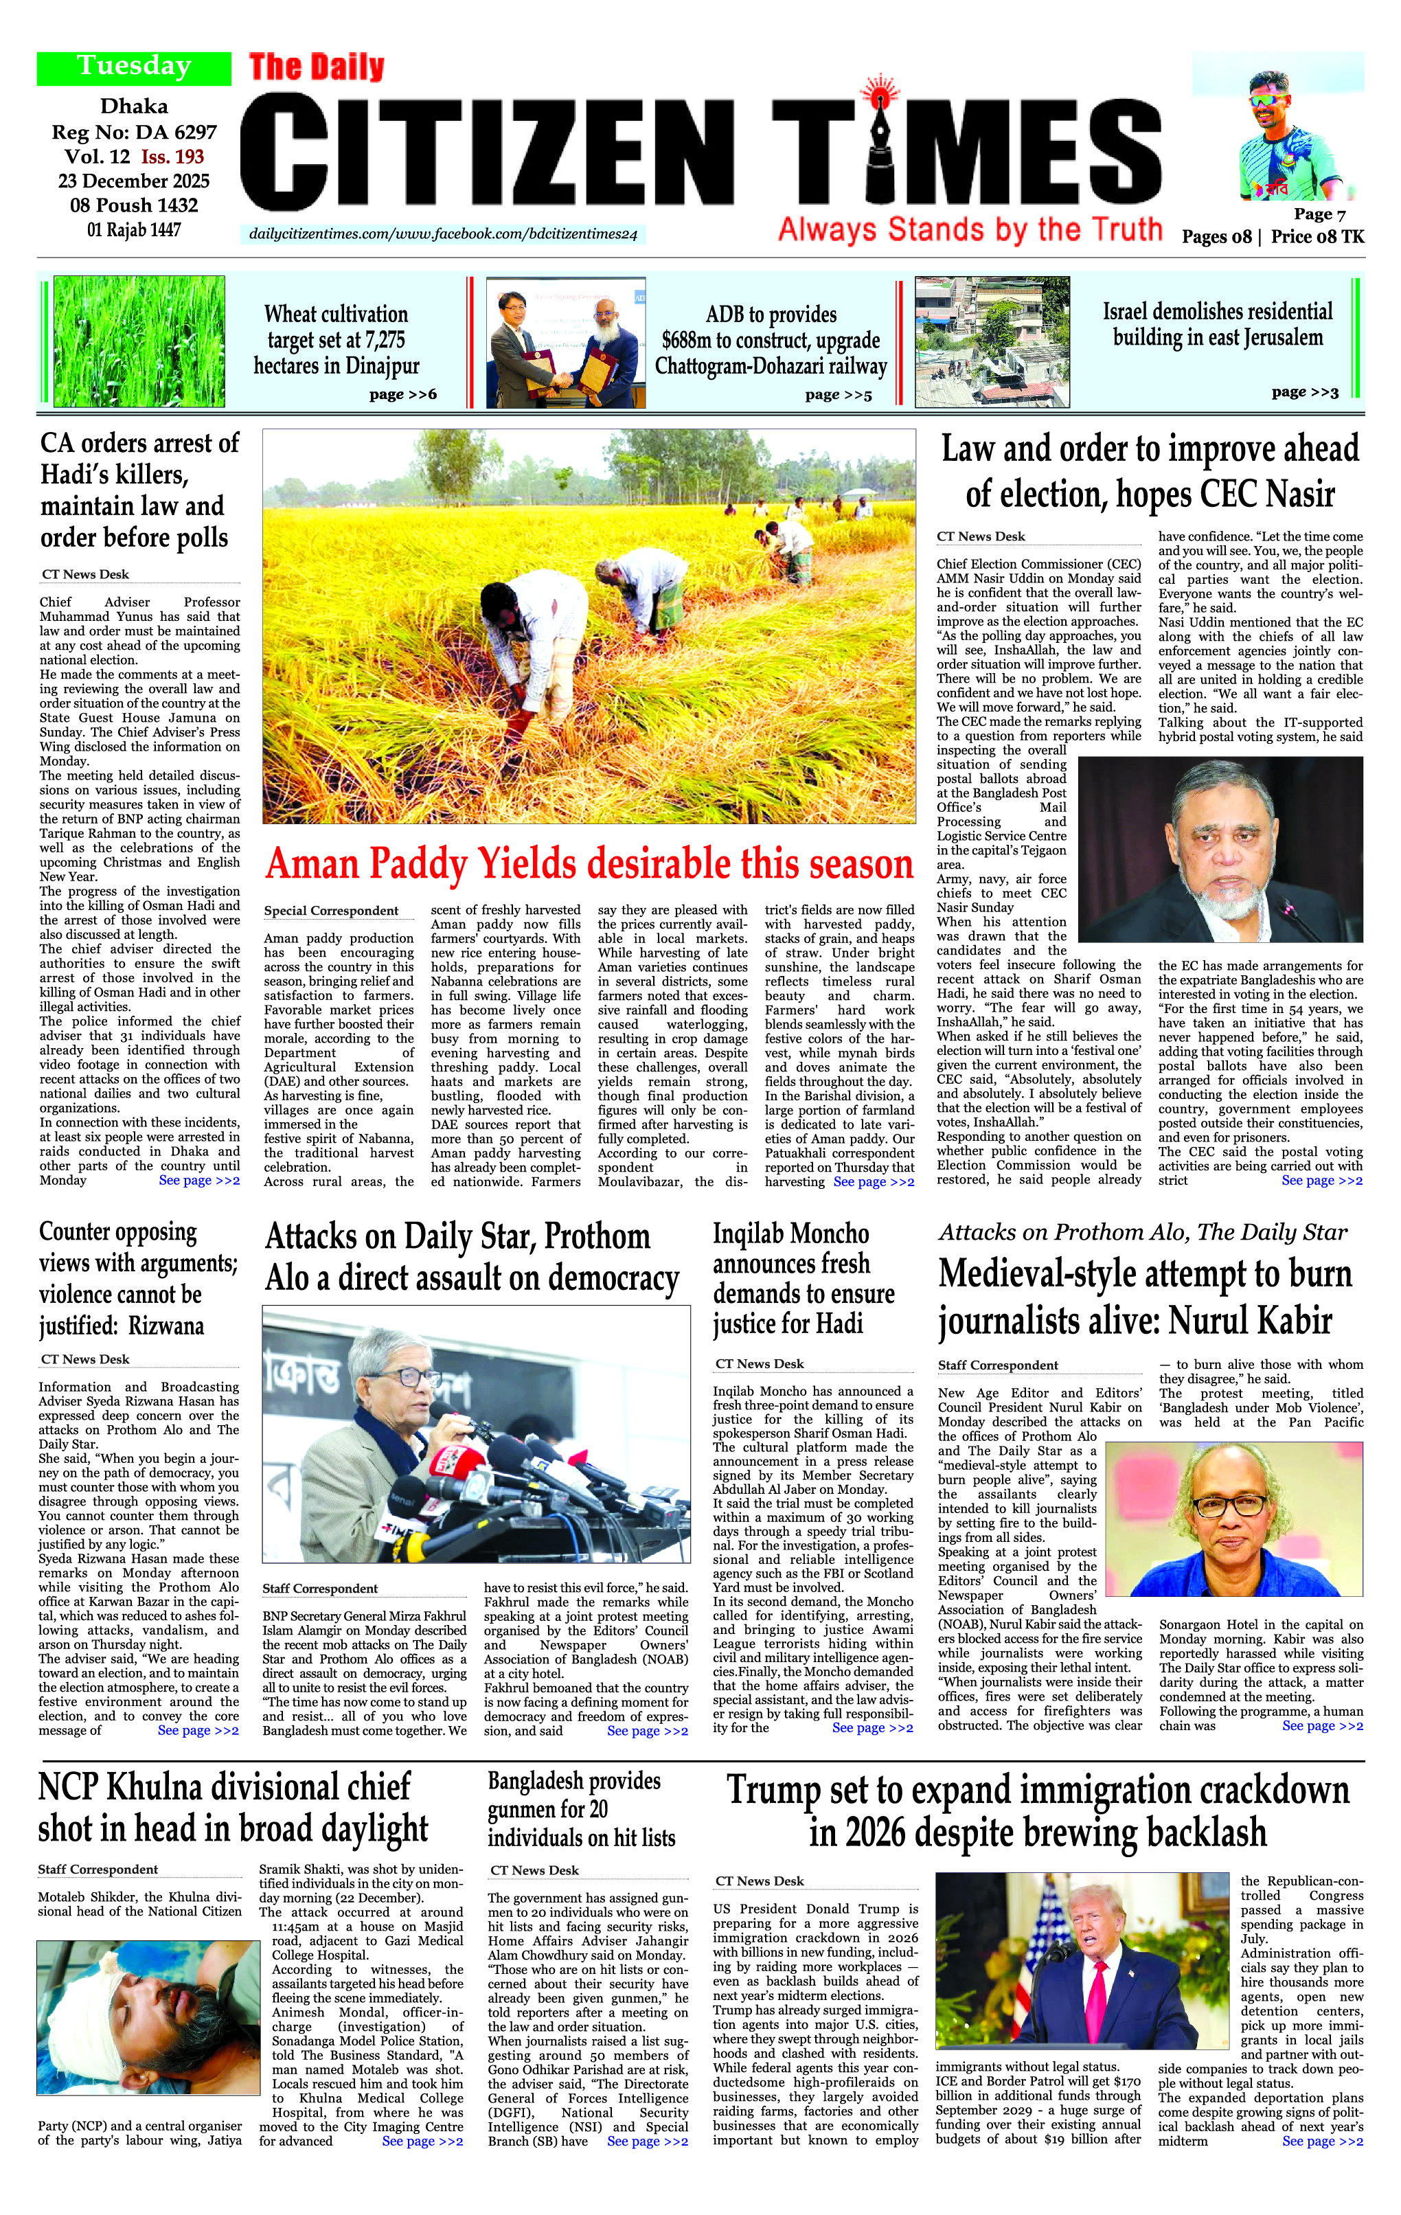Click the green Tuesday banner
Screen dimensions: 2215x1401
(133, 67)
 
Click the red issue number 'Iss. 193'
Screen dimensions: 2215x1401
(172, 157)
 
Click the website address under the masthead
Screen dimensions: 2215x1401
(442, 235)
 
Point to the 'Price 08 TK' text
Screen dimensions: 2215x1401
(1317, 236)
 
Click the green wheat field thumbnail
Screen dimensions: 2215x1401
(139, 341)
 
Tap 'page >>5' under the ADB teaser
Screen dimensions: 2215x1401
(837, 395)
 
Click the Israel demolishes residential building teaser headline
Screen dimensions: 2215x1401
(1217, 323)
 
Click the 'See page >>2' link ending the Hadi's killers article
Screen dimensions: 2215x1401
(198, 1180)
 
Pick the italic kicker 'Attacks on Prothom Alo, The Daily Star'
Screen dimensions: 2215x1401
(1143, 1233)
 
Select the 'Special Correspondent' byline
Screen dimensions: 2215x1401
(331, 911)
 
